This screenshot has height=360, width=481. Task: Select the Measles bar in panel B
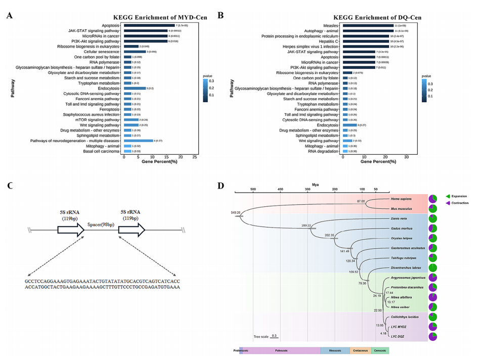click(x=368, y=25)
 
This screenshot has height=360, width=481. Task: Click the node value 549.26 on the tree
click(x=235, y=213)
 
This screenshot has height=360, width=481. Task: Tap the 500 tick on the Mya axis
click(x=253, y=189)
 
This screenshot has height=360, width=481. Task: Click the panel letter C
click(x=10, y=185)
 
